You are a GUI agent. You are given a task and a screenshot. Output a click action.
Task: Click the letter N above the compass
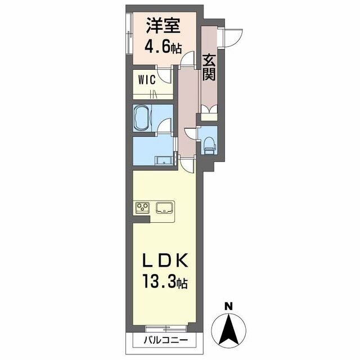(228, 307)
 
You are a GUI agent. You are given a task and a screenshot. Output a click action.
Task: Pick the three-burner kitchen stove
(142, 208)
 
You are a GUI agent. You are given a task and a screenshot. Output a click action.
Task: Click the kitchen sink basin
(164, 208)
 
